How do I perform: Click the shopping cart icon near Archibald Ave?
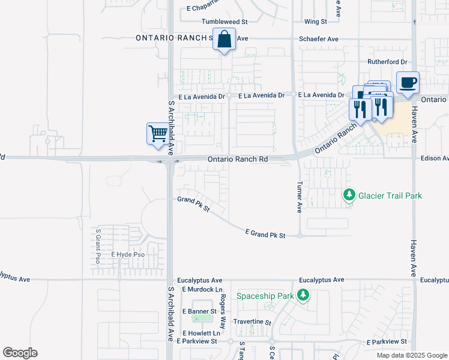[x=158, y=133]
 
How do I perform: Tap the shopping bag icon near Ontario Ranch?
[x=224, y=40]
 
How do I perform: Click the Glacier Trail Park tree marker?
[x=349, y=195]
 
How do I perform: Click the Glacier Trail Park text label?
[x=390, y=196]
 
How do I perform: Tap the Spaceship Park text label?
[x=265, y=296]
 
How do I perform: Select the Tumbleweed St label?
[x=224, y=22]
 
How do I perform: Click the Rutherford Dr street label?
[x=387, y=62]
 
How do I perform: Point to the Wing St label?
[x=315, y=22]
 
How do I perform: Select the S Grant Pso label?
[x=97, y=246]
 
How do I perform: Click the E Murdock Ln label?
[x=197, y=289]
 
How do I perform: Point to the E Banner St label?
[x=199, y=311]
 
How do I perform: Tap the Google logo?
[x=20, y=353]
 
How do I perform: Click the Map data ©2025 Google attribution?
[x=411, y=355]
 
